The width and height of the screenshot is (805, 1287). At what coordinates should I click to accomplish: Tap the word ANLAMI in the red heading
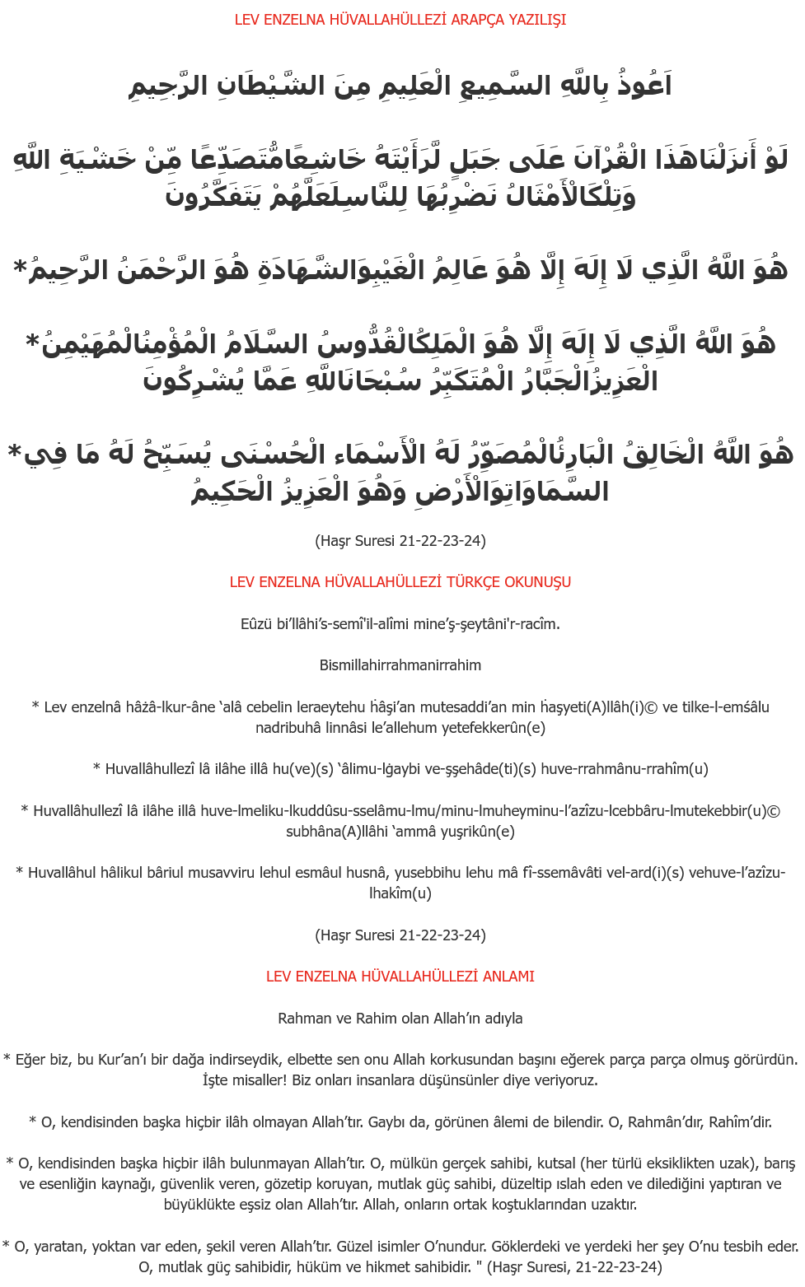pos(508,977)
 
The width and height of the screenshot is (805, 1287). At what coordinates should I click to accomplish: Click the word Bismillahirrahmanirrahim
pos(400,665)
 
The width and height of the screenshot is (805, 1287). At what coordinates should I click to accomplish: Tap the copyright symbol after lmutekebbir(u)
pos(773,811)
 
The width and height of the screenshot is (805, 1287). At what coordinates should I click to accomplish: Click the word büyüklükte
pos(199,1205)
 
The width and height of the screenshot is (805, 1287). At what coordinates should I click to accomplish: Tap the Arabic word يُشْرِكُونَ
pos(184,381)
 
